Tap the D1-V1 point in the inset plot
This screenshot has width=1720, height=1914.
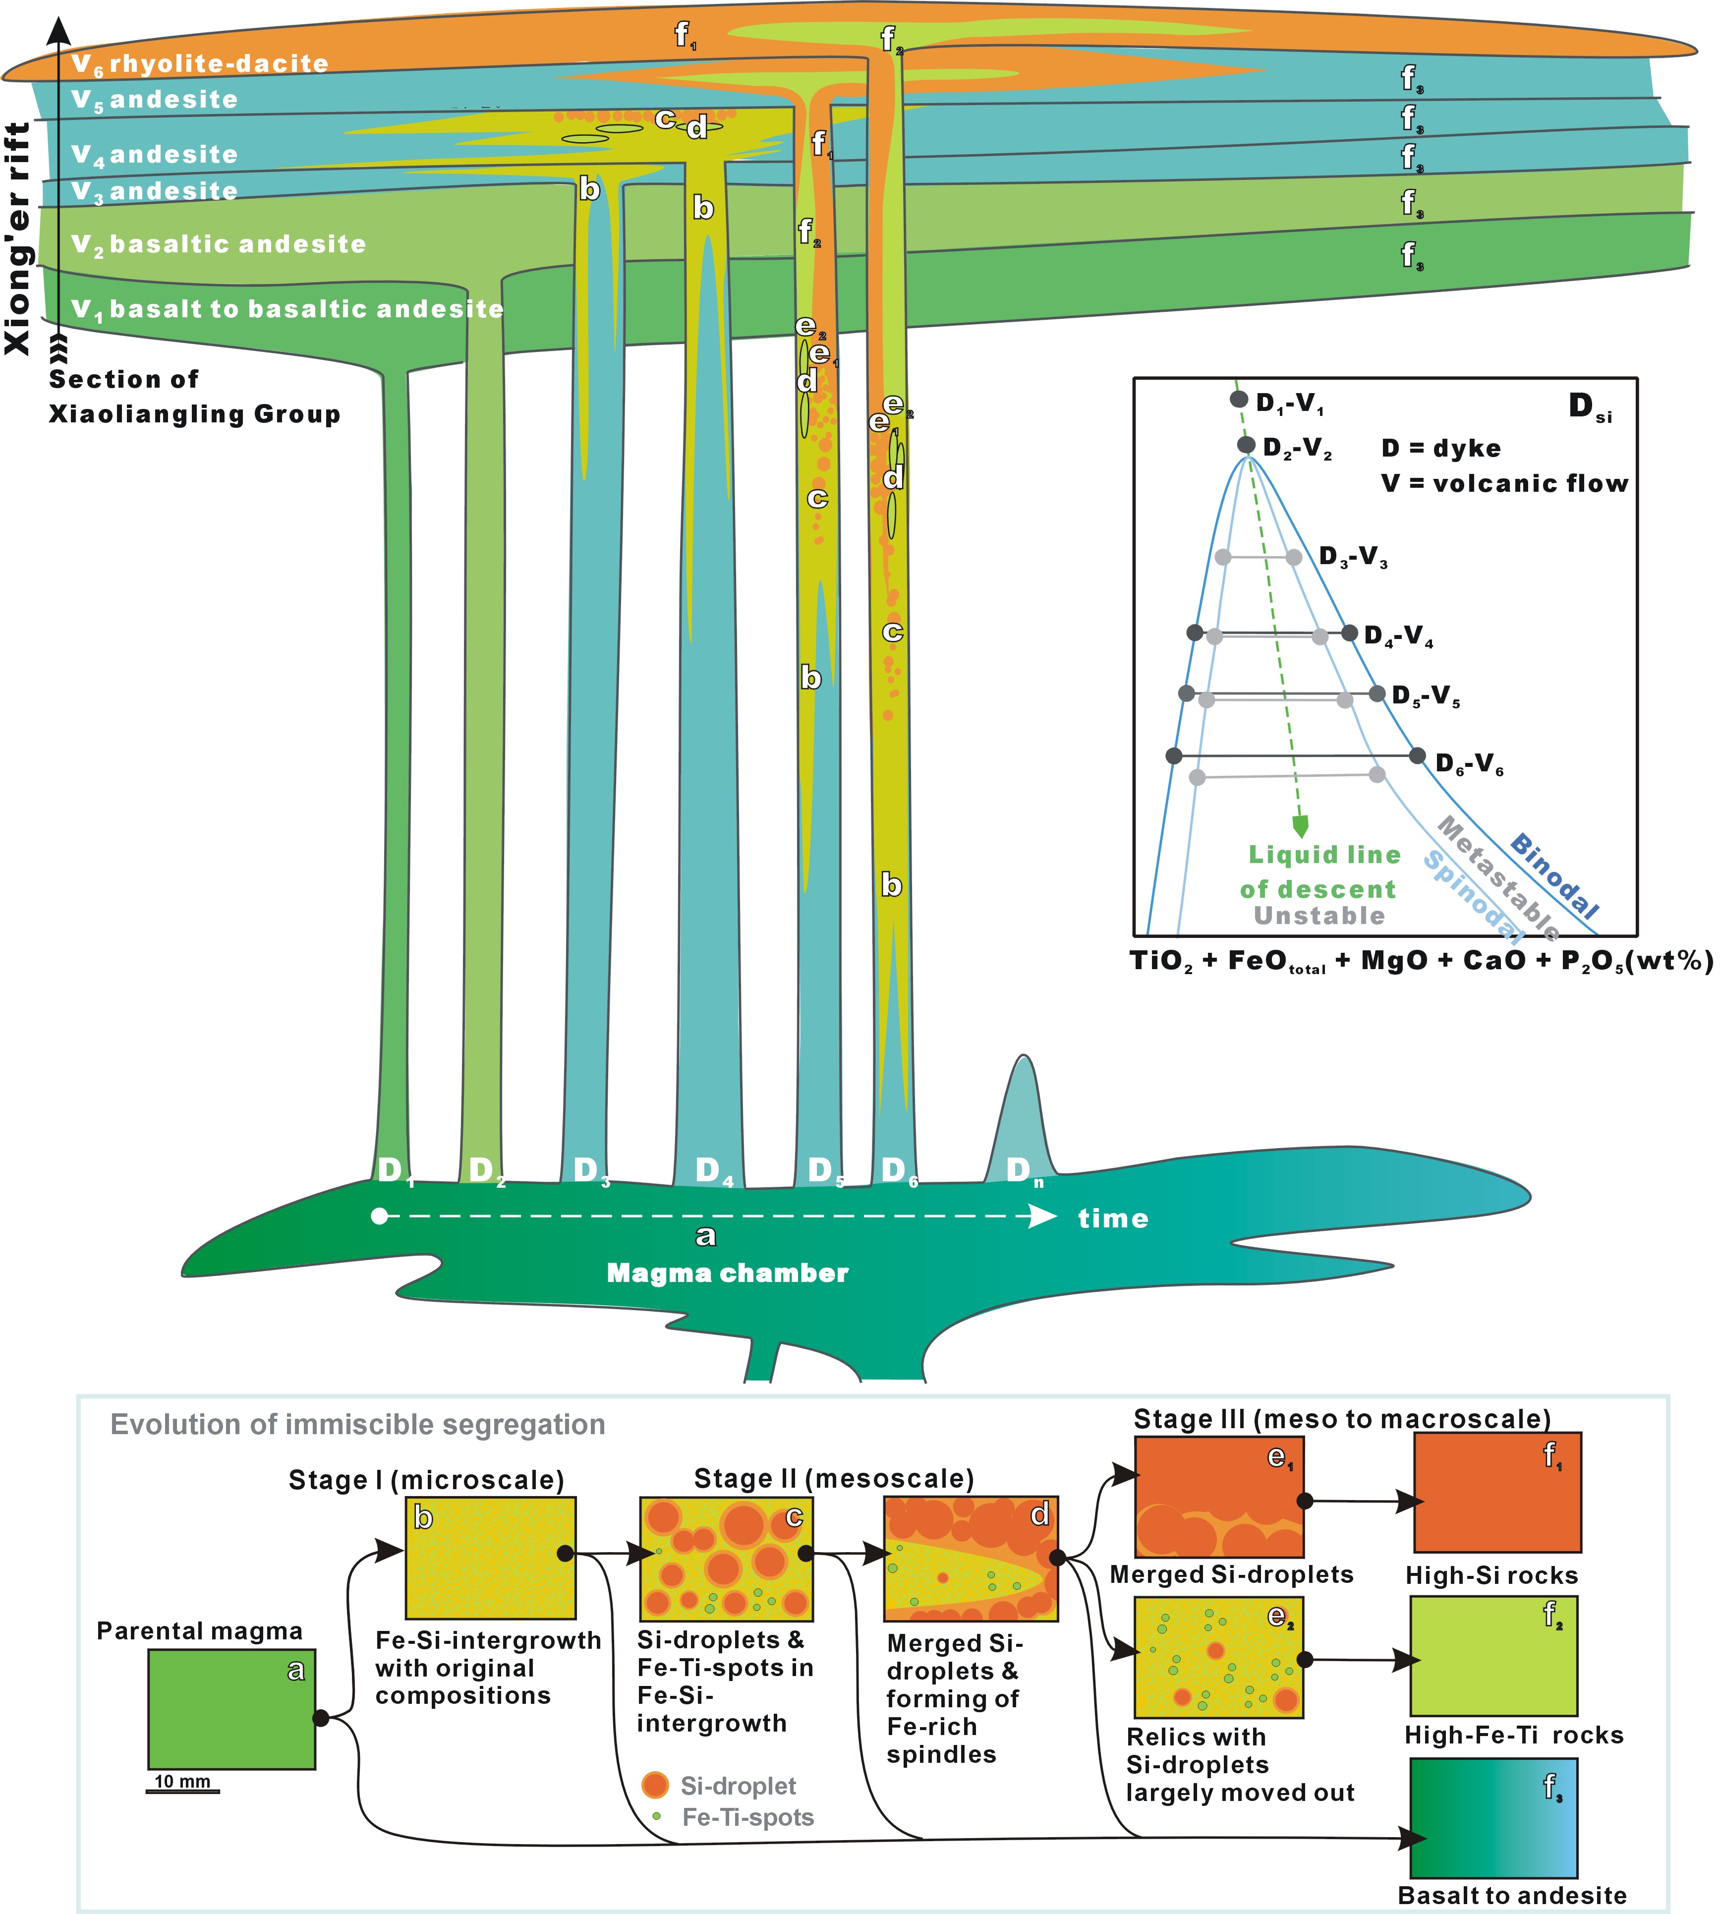tap(1239, 400)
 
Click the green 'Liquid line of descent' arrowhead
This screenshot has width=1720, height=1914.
tap(1300, 826)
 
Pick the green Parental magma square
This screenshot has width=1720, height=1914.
tap(231, 1709)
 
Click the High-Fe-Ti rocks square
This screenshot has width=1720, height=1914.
tap(1493, 1656)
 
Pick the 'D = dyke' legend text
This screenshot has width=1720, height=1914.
tap(1440, 448)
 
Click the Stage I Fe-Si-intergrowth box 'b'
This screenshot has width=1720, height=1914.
tap(491, 1557)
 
